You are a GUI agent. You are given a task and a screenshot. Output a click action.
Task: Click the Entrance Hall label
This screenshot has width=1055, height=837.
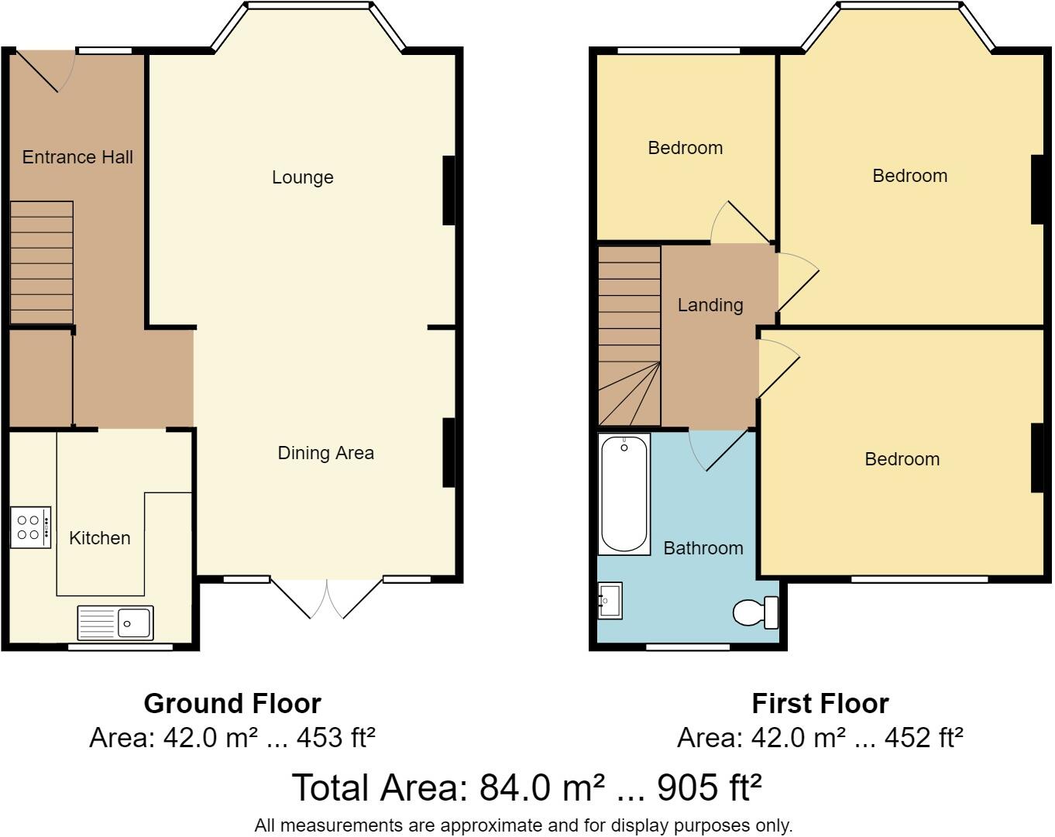(x=77, y=157)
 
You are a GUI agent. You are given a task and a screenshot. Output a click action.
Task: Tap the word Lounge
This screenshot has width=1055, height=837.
(x=302, y=177)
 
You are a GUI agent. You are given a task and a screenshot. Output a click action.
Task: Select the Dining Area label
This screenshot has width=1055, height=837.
(x=325, y=453)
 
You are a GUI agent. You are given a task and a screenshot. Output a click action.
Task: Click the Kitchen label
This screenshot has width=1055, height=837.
(x=99, y=538)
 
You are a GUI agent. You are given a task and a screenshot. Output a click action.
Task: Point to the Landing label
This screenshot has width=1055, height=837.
(x=710, y=305)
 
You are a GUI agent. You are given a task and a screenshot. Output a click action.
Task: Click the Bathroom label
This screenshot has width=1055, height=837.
(x=703, y=548)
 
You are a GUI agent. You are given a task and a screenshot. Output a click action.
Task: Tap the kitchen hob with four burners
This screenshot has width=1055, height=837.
(x=31, y=527)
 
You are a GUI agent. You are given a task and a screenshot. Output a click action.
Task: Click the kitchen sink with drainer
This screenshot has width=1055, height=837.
(x=115, y=623)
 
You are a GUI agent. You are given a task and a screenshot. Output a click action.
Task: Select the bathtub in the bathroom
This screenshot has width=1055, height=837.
(x=624, y=494)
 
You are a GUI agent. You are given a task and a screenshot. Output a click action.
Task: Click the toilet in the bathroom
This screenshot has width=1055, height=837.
(x=755, y=612)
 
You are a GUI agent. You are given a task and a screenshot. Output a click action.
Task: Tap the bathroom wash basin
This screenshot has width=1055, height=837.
(x=610, y=600)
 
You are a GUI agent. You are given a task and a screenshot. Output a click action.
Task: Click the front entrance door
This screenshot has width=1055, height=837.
(x=45, y=70)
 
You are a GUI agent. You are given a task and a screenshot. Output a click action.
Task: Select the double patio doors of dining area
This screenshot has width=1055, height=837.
(x=327, y=599)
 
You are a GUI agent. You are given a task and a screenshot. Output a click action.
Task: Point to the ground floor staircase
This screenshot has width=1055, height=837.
(x=42, y=262)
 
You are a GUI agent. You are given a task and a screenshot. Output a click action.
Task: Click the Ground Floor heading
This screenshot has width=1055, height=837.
(x=232, y=704)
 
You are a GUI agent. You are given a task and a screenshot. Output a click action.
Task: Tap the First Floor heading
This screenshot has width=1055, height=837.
(x=820, y=704)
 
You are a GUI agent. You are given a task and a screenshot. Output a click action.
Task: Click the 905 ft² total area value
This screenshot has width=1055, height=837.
(x=709, y=787)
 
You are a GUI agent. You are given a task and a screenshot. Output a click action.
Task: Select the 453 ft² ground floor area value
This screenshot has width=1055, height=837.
(x=336, y=737)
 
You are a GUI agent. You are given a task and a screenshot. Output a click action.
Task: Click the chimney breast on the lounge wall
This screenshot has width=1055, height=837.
(x=448, y=190)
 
